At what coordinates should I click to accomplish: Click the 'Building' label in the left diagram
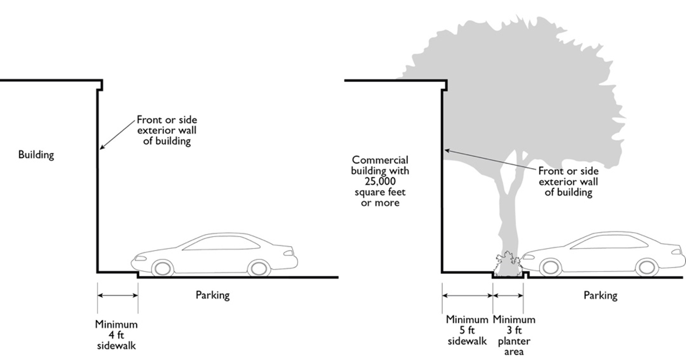[36, 155]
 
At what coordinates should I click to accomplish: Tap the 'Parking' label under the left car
[212, 295]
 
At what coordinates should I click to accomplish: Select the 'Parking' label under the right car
[600, 295]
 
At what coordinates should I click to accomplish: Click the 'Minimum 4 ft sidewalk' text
[116, 335]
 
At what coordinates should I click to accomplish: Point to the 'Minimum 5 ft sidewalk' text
[467, 330]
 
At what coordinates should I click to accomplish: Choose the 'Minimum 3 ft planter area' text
[514, 336]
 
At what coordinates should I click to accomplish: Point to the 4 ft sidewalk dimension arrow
[118, 295]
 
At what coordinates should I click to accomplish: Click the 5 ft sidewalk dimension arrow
[467, 295]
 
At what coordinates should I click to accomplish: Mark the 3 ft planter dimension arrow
[508, 295]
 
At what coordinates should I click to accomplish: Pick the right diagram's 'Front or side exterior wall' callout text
[568, 181]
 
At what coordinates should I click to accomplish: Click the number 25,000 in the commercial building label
[381, 181]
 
